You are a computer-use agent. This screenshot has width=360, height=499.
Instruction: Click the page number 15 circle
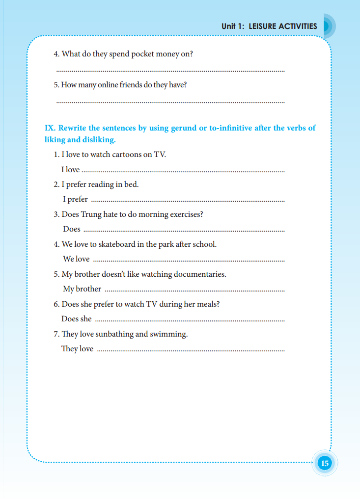(x=325, y=463)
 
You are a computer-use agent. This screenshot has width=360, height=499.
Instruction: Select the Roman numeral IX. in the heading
(x=50, y=128)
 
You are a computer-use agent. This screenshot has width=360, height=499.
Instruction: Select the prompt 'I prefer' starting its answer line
(x=75, y=199)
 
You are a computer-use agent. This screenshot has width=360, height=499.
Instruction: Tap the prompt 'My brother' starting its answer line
(x=82, y=289)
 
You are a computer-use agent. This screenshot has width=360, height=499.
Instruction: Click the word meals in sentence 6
(x=208, y=304)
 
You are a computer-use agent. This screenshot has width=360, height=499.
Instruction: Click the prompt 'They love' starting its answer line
(x=77, y=349)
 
